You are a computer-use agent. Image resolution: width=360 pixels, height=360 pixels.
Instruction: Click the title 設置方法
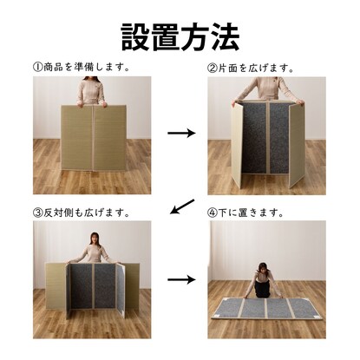click(x=180, y=37)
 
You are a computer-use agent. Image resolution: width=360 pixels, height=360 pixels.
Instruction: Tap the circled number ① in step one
click(x=38, y=67)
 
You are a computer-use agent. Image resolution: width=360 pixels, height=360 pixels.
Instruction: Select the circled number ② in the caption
click(x=213, y=69)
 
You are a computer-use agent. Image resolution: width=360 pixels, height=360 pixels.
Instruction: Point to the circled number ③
click(x=38, y=213)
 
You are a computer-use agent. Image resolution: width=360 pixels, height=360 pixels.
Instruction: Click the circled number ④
click(x=213, y=213)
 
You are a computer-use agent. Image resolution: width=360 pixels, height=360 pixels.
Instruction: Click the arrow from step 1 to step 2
click(x=181, y=133)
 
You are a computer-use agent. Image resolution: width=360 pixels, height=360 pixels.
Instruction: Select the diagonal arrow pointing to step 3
click(x=182, y=206)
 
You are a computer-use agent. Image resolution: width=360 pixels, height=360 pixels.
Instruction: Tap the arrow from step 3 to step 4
click(x=181, y=279)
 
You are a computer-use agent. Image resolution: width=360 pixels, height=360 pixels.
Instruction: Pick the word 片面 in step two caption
click(x=227, y=69)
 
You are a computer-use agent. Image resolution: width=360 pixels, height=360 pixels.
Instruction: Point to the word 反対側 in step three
click(x=58, y=213)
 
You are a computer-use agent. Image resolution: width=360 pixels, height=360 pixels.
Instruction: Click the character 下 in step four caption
click(x=223, y=213)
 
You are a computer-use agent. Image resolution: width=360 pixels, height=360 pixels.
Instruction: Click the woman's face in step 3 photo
click(x=95, y=239)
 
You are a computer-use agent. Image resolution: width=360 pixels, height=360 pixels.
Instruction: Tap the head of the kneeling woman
click(x=263, y=268)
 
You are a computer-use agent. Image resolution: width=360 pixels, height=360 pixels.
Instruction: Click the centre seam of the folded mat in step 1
click(x=93, y=138)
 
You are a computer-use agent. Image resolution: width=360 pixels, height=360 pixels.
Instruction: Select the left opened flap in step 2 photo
click(x=237, y=145)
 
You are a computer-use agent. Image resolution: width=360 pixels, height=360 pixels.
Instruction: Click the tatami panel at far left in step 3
click(x=56, y=285)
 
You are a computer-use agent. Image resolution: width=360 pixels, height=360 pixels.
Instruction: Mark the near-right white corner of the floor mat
click(x=318, y=317)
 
